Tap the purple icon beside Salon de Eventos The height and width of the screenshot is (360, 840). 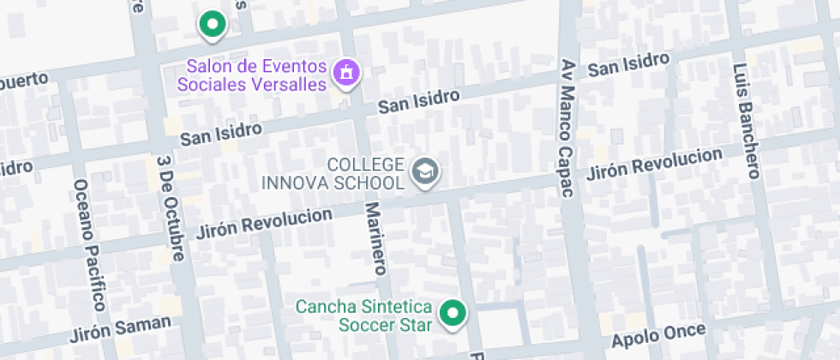[346, 71]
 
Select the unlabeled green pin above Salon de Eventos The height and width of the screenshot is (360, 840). [212, 25]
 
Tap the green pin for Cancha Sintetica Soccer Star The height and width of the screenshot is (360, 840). [452, 314]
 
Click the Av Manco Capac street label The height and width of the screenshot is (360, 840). [566, 129]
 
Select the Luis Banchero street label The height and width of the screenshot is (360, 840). [745, 121]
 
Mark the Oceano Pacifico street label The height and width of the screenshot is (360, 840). [89, 245]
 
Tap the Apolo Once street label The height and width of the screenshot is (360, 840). [658, 335]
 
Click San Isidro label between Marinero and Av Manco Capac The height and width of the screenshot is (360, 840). [420, 101]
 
